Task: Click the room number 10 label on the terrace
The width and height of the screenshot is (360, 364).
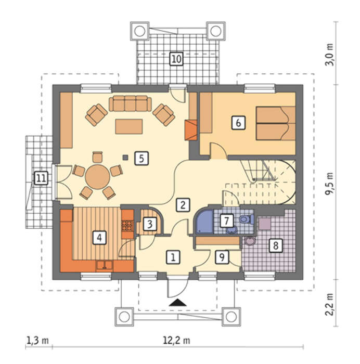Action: point(176,59)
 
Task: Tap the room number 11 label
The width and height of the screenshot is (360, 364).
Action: point(41,178)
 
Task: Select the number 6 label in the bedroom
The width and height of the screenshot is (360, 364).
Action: point(238,122)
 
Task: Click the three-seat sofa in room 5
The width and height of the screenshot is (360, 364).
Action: point(130,103)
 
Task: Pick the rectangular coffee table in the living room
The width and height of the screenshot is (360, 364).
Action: point(129,126)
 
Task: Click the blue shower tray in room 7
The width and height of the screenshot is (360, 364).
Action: point(204,221)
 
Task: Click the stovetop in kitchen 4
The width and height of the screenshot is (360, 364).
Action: point(127,226)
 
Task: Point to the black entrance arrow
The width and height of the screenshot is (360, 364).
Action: point(178,303)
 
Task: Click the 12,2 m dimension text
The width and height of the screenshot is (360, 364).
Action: point(176,341)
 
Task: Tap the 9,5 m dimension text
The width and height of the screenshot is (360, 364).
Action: point(329,184)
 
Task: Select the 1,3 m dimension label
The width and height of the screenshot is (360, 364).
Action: point(38,341)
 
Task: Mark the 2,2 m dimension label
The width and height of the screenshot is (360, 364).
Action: point(329,304)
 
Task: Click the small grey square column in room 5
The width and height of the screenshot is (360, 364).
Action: point(125,158)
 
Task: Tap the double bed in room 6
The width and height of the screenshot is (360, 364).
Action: point(276,123)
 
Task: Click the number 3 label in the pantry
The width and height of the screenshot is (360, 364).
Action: point(150,224)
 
